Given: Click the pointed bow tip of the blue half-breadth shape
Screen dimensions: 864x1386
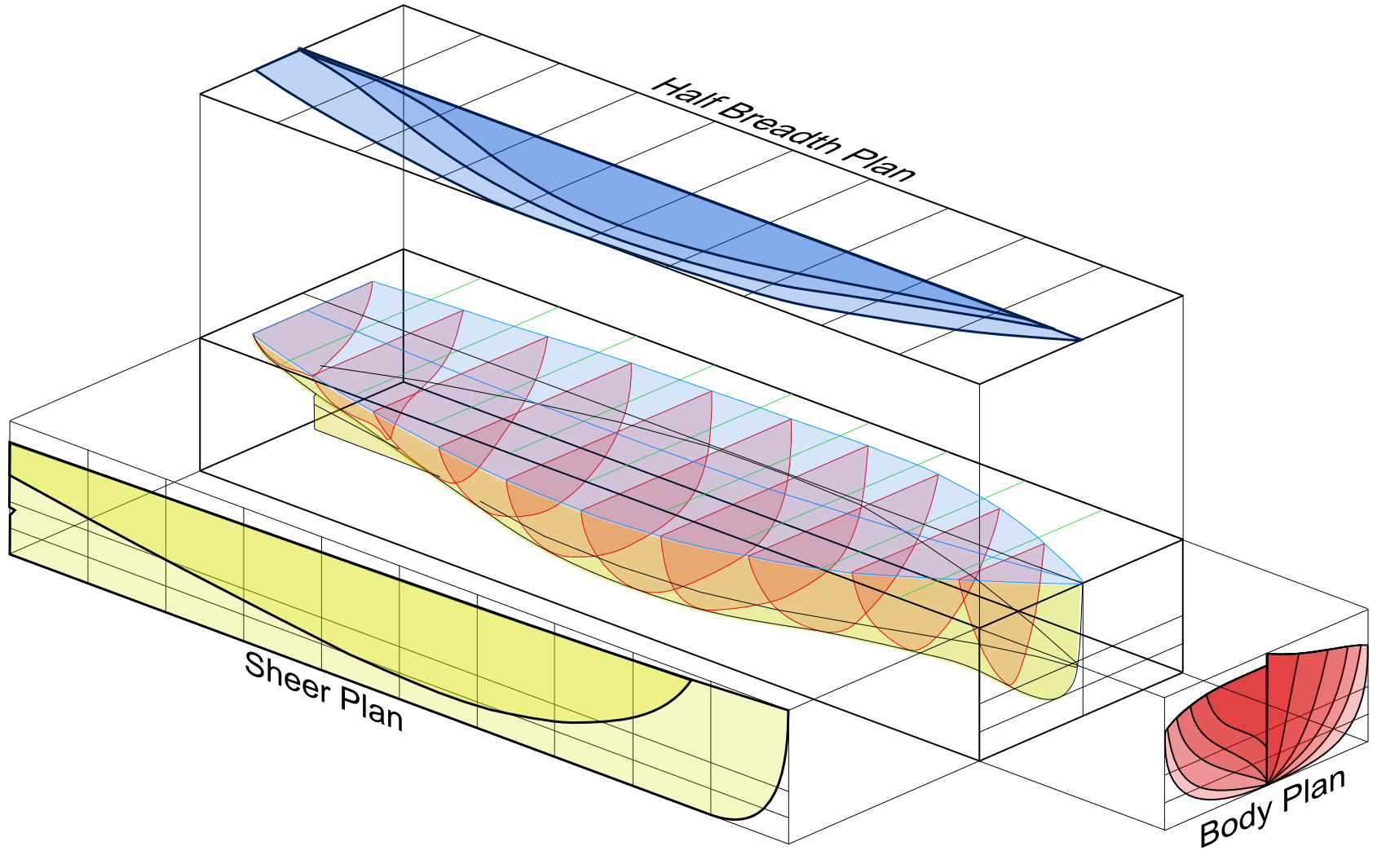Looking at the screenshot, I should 1081,340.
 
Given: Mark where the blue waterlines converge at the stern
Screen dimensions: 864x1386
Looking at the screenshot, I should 300,49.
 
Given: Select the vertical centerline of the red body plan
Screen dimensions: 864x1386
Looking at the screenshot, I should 1267,717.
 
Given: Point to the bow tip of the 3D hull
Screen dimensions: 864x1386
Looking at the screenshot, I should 1082,583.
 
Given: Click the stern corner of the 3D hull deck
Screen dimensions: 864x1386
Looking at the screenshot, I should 254,333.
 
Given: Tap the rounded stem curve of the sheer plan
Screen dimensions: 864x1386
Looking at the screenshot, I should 779,782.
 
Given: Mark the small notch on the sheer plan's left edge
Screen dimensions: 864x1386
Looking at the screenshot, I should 12,512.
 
